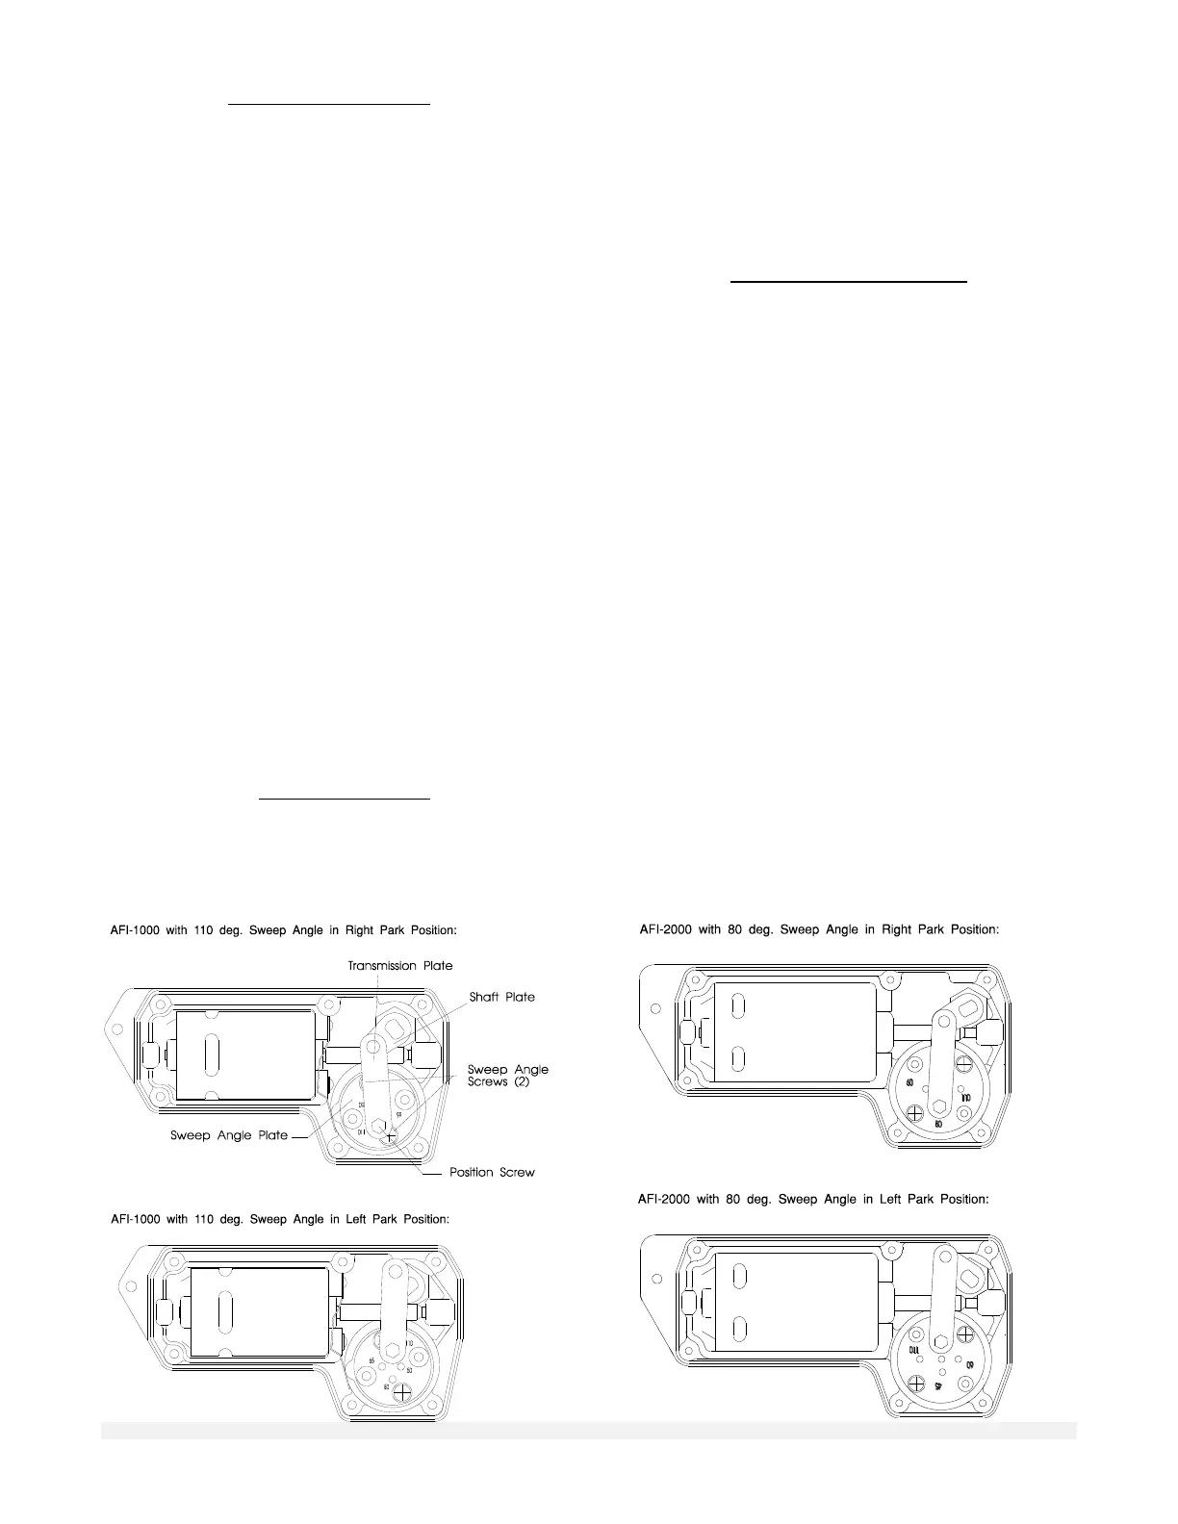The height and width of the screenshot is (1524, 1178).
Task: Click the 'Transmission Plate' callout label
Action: tap(399, 965)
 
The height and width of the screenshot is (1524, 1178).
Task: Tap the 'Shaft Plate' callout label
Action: tap(501, 997)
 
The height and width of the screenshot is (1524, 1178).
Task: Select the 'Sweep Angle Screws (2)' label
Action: tap(507, 1075)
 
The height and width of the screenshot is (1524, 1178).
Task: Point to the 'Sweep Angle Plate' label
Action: tap(229, 1135)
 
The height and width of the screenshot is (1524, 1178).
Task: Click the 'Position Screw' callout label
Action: tap(491, 1172)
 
